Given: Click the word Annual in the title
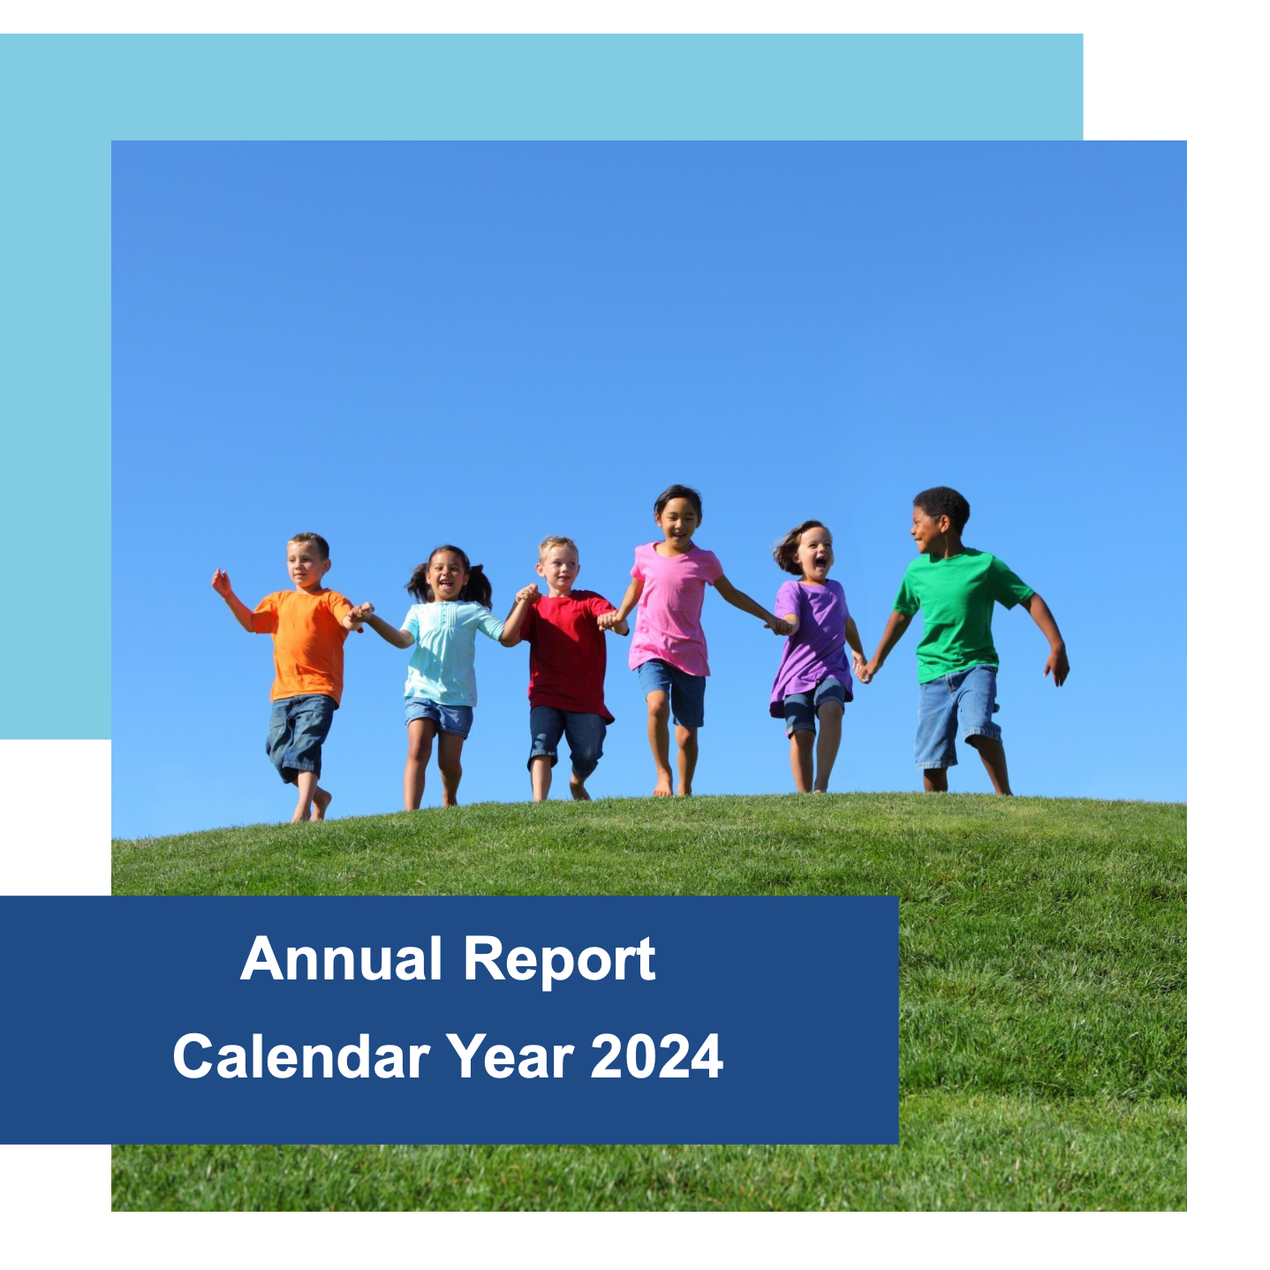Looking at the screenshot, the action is [341, 959].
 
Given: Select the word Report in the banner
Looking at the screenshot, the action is [560, 963].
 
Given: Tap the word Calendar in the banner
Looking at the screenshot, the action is [301, 1055].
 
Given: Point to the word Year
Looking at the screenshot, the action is [510, 1055].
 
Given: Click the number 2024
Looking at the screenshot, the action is [656, 1055].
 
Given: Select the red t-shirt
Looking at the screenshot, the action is [568, 654].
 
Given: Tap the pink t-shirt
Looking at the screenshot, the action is [672, 608].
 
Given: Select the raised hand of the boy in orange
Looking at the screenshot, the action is [221, 583].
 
